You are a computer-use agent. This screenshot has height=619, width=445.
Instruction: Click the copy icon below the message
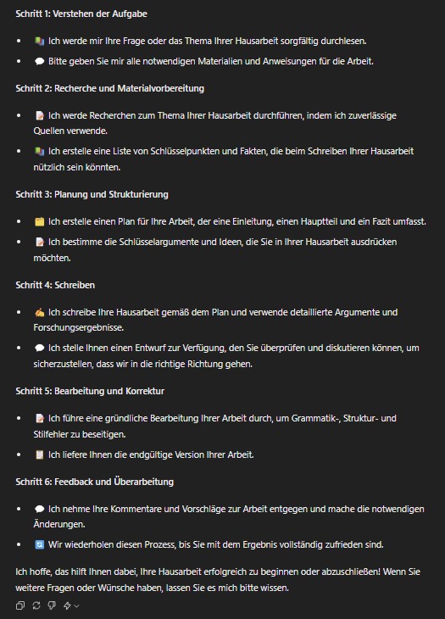tap(20, 605)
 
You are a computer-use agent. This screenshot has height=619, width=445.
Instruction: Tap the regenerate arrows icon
tap(36, 605)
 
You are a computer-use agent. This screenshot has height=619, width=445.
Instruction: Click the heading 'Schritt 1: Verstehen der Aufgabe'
tap(70, 14)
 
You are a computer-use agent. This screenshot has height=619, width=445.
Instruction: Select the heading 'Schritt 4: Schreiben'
tap(55, 285)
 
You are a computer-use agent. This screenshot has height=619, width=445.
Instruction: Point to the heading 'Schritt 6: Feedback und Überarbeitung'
tap(94, 482)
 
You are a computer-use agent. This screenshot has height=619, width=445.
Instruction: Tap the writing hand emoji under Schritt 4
tap(40, 312)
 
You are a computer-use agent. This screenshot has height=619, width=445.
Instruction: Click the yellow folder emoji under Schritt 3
tap(40, 221)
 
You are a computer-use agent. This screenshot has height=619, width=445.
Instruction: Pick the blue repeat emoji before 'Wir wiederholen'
tap(40, 544)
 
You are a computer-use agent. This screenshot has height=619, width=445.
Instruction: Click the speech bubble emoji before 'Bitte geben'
tap(40, 61)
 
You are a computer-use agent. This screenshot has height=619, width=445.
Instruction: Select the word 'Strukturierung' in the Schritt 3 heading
tap(139, 194)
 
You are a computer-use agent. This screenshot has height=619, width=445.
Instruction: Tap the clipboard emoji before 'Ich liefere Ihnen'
tap(40, 454)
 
